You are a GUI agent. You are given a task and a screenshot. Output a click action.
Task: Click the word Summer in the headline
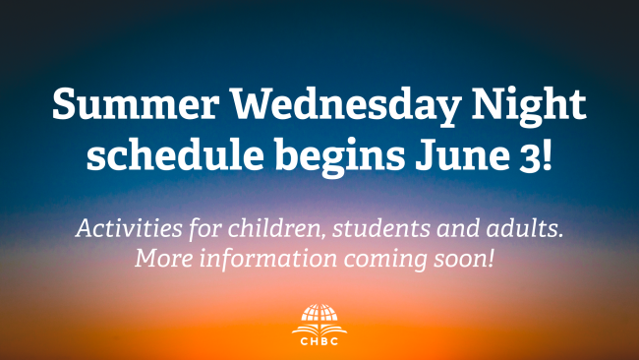[x=136, y=103]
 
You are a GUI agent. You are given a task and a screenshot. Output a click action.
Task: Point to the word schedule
[x=175, y=154]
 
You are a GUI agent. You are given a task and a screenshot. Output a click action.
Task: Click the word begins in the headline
[x=340, y=156]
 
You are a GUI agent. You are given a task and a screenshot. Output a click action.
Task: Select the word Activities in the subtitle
[x=129, y=228]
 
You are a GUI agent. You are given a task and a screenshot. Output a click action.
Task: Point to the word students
[x=381, y=228]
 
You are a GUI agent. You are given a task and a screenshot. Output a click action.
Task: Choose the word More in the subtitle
[x=164, y=259]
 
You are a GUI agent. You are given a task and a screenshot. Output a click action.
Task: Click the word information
[x=268, y=258]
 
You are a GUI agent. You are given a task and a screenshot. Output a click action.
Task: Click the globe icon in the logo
[x=319, y=313]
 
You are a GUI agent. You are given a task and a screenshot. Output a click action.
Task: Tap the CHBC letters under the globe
[x=319, y=341]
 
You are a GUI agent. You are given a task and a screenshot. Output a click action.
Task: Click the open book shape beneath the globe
[x=319, y=329]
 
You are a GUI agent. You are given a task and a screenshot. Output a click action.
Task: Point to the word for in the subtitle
[x=205, y=229]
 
